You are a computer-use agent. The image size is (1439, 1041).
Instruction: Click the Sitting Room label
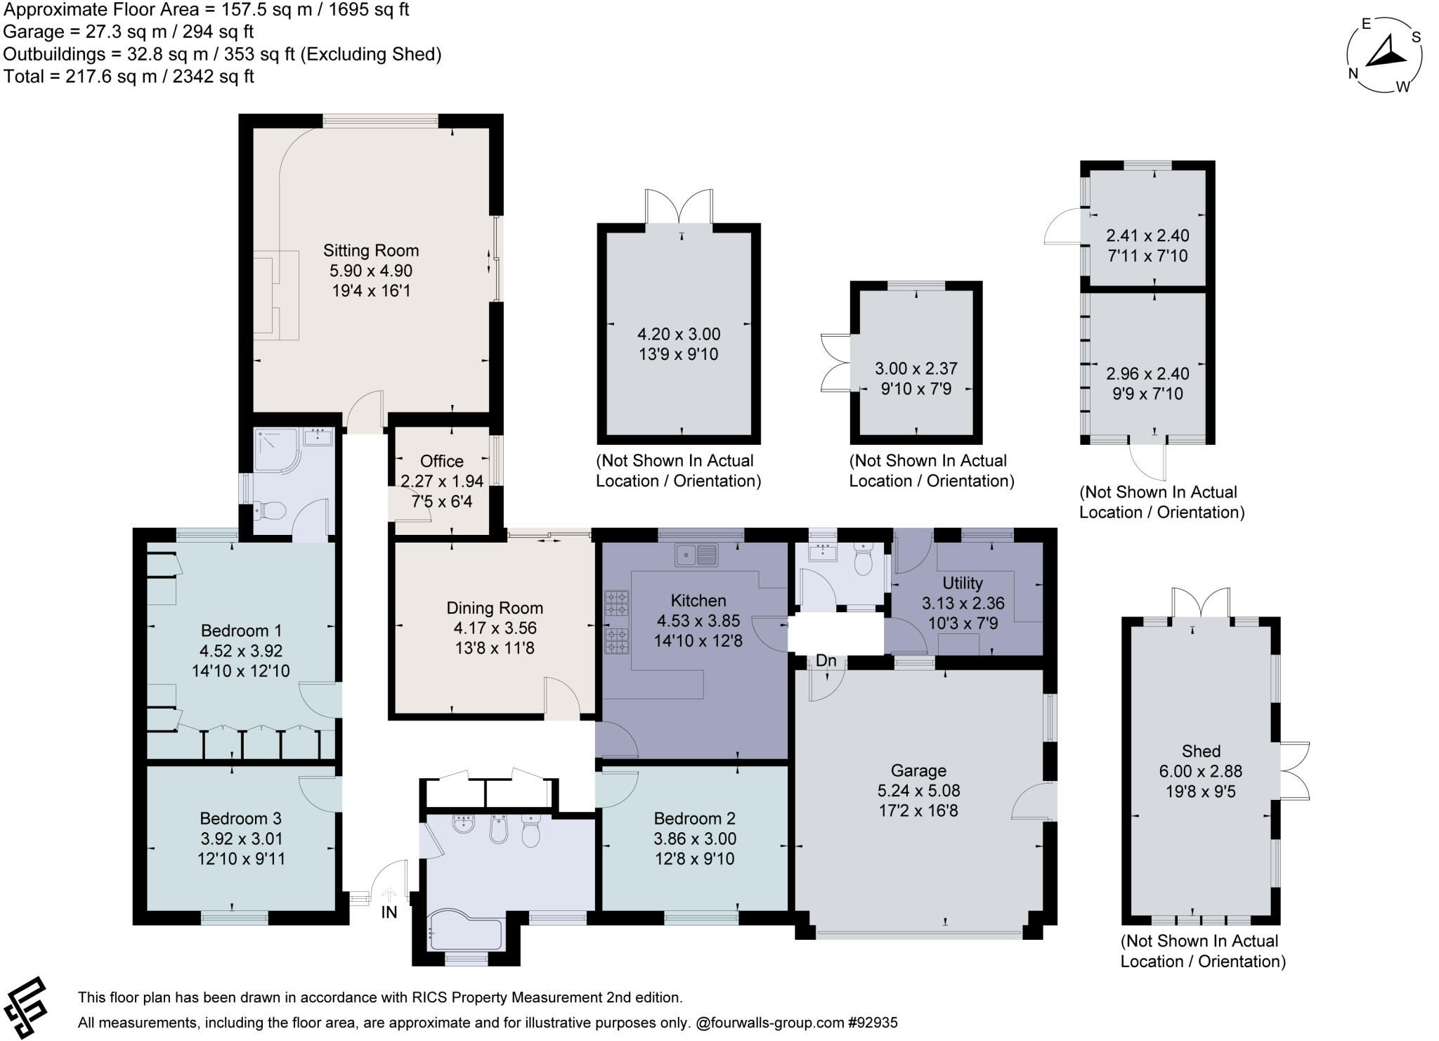click(x=370, y=250)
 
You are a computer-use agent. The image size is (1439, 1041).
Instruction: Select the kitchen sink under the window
click(x=696, y=555)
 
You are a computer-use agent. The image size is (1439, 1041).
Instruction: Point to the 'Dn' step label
click(x=826, y=661)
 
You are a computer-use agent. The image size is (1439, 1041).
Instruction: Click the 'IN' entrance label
click(x=389, y=912)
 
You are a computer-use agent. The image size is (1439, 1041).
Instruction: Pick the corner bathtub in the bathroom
click(x=464, y=932)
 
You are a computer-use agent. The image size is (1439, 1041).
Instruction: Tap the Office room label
click(x=441, y=461)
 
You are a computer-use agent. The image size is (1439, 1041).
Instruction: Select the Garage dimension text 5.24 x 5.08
click(x=918, y=791)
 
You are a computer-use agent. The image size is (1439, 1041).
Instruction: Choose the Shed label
click(x=1201, y=751)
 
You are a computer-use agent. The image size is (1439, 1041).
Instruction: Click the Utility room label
click(x=962, y=583)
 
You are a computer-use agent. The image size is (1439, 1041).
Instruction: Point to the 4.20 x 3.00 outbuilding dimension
click(x=678, y=334)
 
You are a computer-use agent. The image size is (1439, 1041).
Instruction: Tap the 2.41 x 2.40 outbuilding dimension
click(x=1147, y=235)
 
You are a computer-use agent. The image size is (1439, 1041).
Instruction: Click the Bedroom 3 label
click(x=240, y=818)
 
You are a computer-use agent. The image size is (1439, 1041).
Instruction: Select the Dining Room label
click(x=495, y=608)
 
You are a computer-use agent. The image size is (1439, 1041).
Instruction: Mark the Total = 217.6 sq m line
click(x=129, y=77)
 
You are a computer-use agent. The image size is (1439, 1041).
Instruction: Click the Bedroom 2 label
click(x=694, y=818)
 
